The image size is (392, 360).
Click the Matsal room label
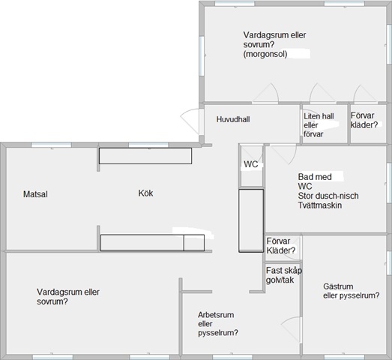click(x=35, y=194)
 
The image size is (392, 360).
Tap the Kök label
click(x=145, y=193)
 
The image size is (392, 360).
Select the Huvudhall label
click(x=233, y=119)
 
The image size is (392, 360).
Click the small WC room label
click(x=251, y=164)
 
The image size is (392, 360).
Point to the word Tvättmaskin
click(x=320, y=205)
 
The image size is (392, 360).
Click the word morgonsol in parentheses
click(x=265, y=54)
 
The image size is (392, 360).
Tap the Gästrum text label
click(x=338, y=286)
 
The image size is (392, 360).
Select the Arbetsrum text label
click(x=216, y=315)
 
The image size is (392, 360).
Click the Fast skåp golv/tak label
click(x=284, y=275)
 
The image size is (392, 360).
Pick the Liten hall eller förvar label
click(x=319, y=125)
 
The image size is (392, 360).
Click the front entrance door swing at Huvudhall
click(x=190, y=120)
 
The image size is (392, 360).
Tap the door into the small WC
click(x=253, y=154)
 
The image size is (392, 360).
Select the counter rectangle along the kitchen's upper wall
click(x=145, y=156)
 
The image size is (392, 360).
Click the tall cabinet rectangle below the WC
click(x=251, y=220)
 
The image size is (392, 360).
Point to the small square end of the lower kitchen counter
click(x=194, y=243)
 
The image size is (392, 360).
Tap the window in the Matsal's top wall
click(x=51, y=145)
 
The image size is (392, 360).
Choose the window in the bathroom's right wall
click(x=389, y=183)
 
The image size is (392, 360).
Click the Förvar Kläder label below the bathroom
click(x=281, y=246)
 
